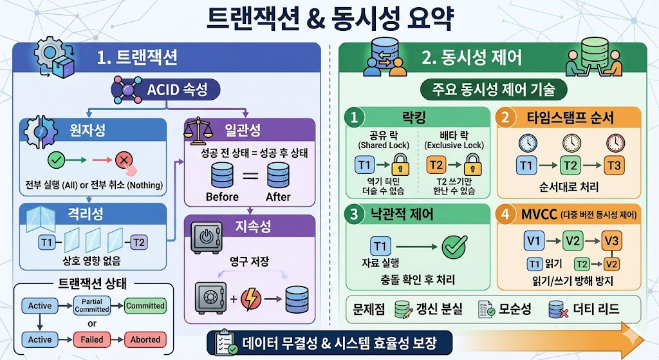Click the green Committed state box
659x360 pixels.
[145, 306]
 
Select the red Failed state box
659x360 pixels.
[92, 339]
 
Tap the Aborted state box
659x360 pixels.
[145, 339]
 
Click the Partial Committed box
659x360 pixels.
[92, 306]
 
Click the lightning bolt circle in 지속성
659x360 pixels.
[250, 299]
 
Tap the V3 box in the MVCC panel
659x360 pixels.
[612, 242]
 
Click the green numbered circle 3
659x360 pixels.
[353, 215]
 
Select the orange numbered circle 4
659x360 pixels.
[507, 215]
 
